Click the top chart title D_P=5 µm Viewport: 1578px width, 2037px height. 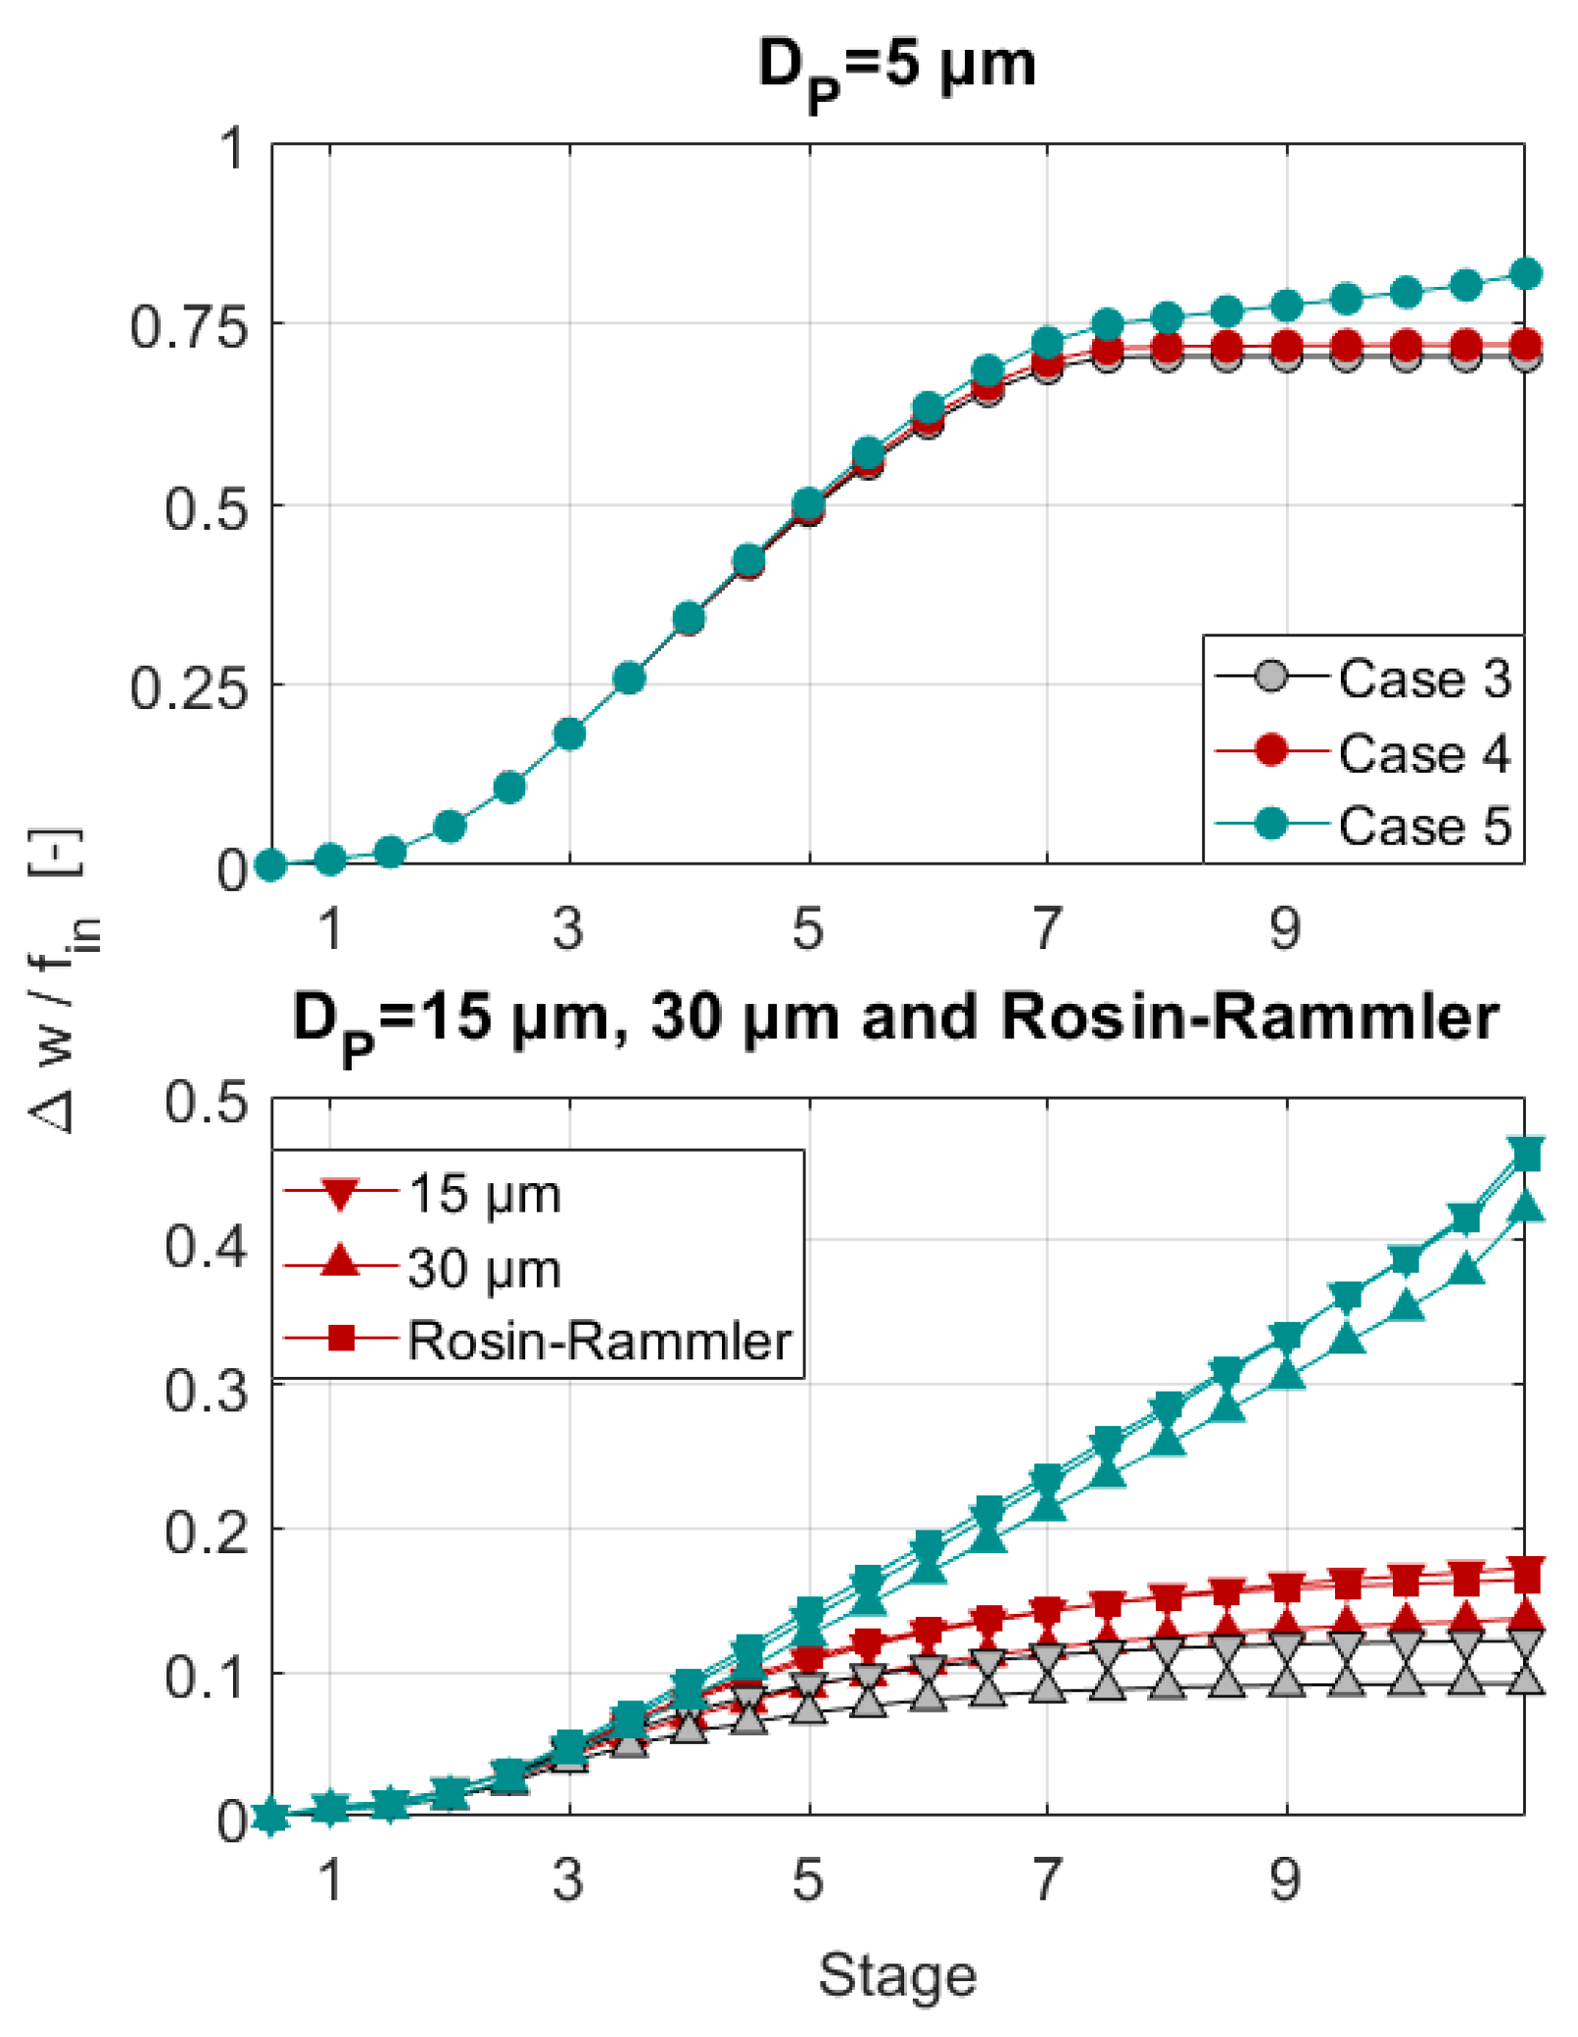(x=895, y=69)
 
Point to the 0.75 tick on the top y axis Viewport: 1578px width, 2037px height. (x=189, y=327)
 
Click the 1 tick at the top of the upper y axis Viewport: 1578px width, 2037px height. (x=232, y=149)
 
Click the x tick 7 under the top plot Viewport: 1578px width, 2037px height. (x=1047, y=928)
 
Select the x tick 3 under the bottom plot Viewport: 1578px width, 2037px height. (x=569, y=1878)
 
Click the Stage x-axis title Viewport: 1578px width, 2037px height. (x=897, y=1974)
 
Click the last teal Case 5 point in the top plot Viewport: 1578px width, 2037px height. (x=1525, y=274)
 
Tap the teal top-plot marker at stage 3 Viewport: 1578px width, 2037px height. (x=569, y=734)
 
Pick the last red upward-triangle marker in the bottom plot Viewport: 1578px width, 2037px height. (x=1525, y=1616)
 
